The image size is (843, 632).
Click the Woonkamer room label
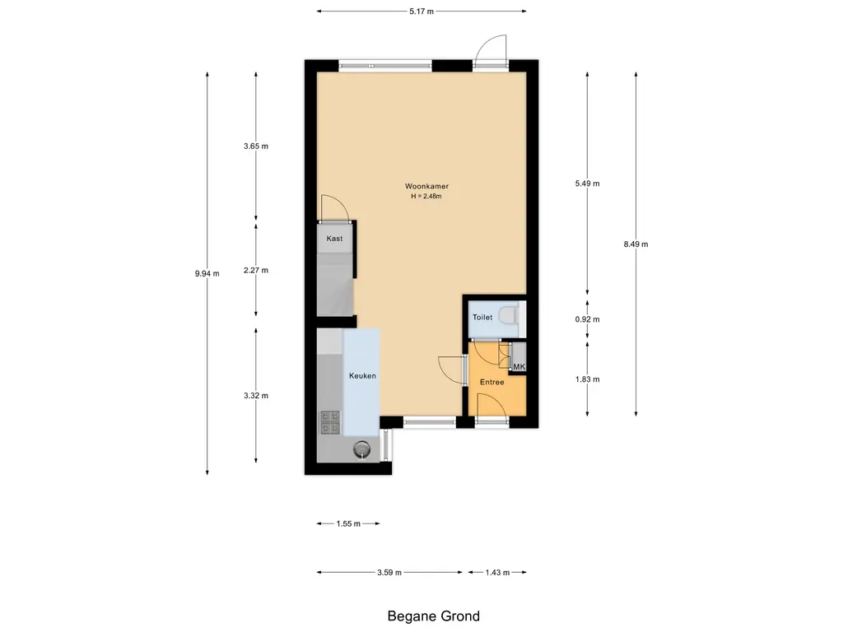tap(427, 187)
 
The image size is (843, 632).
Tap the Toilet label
tap(482, 317)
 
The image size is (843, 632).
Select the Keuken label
tap(362, 375)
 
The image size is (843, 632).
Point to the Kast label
tap(334, 239)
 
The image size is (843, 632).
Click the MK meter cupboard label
tap(519, 366)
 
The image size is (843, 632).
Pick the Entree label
tap(492, 382)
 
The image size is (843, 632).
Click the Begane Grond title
tap(433, 616)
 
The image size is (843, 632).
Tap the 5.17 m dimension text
tap(421, 12)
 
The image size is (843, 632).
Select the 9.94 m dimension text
tap(207, 273)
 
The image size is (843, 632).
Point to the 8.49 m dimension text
tap(636, 244)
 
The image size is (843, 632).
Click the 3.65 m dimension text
tap(256, 146)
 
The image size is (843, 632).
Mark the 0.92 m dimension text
tap(588, 319)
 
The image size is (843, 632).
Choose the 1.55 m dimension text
tap(348, 523)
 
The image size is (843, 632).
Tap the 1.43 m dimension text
tap(497, 573)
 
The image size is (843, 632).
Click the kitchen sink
tap(362, 449)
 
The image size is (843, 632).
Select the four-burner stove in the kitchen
tap(331, 422)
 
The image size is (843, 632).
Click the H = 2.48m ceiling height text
tap(426, 197)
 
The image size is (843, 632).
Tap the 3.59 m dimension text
tap(389, 573)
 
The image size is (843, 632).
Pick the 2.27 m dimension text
tap(256, 270)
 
